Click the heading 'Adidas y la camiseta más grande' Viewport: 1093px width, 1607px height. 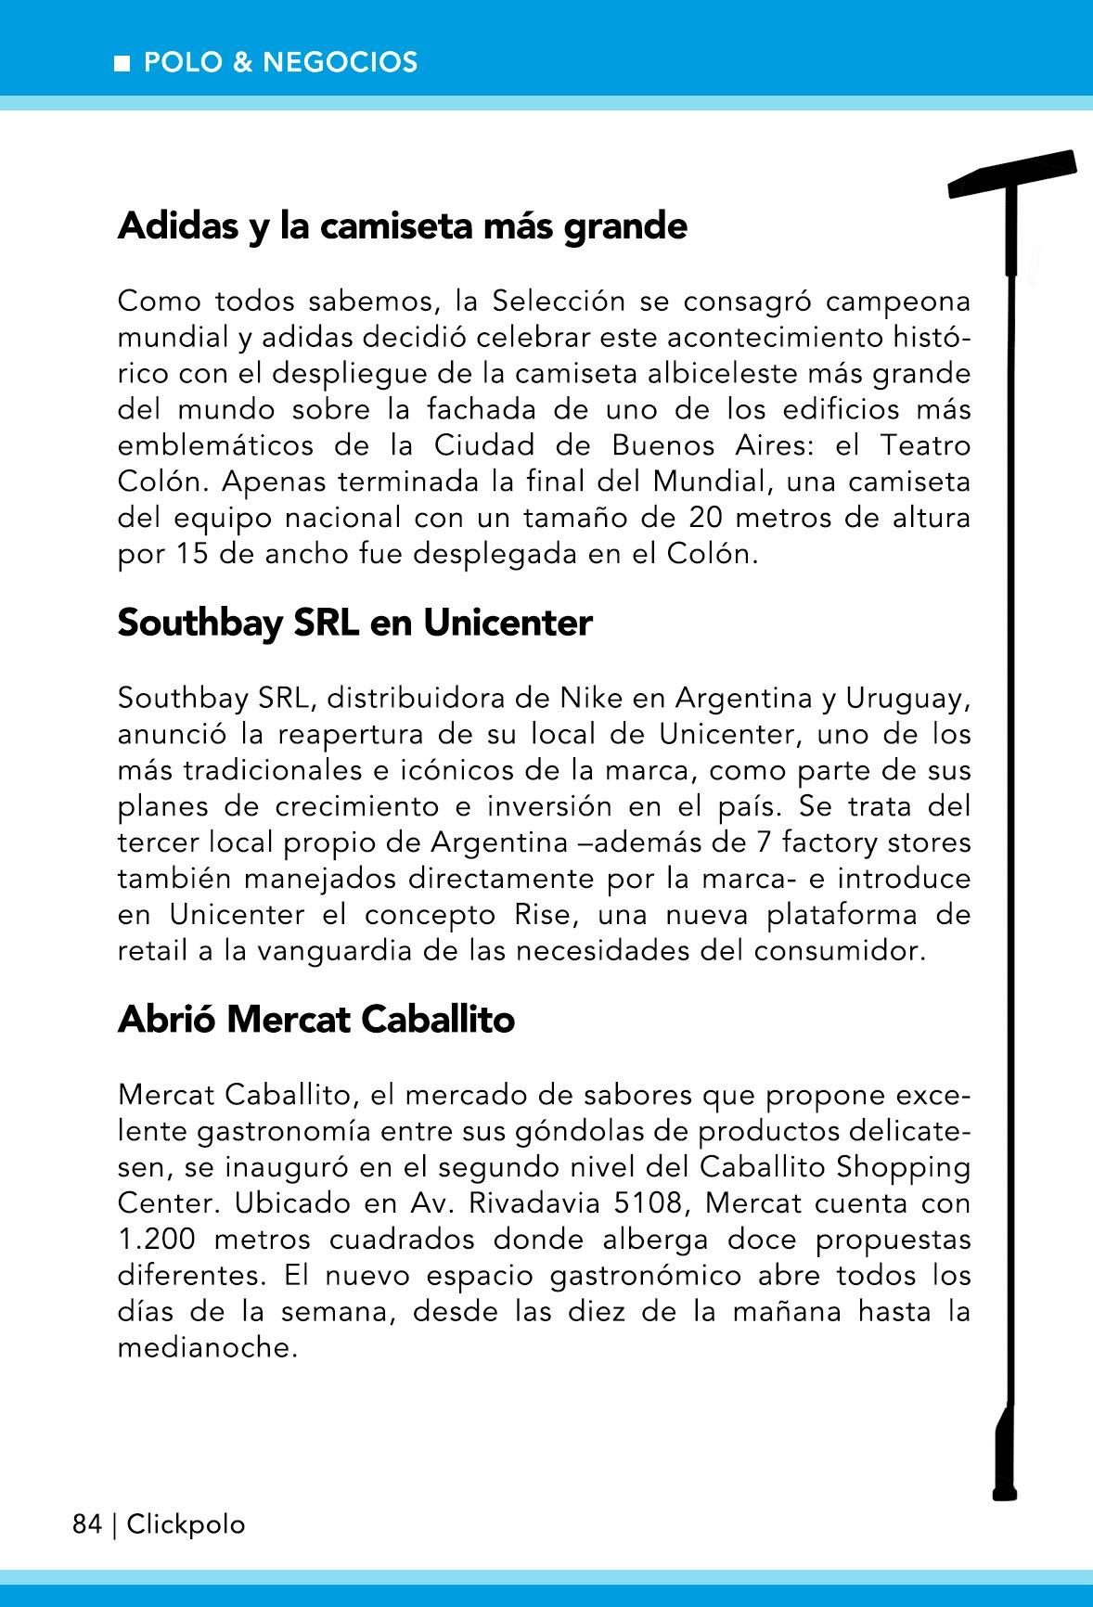tap(402, 226)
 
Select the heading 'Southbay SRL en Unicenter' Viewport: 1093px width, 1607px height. tap(354, 623)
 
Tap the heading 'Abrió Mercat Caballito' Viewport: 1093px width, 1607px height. tap(315, 1020)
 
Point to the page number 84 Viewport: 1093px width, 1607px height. tap(86, 1524)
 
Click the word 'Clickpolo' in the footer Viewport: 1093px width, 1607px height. tap(186, 1524)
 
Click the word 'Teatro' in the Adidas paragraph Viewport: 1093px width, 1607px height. tap(925, 445)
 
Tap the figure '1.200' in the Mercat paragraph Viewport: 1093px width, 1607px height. tap(154, 1240)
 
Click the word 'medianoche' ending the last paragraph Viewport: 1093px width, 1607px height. tap(207, 1348)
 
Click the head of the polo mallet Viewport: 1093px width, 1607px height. tap(1012, 174)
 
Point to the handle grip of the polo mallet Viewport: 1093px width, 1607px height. tap(1005, 1457)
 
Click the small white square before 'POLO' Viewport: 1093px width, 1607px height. tap(122, 63)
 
